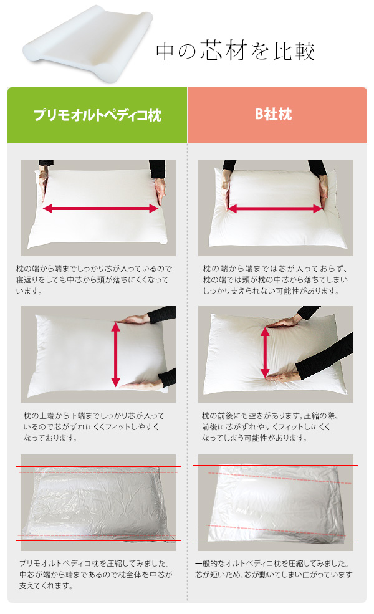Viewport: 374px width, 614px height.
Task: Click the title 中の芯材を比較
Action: pos(236,51)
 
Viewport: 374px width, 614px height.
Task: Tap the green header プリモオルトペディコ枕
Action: pos(97,115)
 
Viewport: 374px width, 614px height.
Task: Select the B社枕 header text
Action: pos(274,114)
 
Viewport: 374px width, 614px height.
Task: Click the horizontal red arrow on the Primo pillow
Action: pos(100,208)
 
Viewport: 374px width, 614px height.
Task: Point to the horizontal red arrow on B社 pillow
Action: pos(275,209)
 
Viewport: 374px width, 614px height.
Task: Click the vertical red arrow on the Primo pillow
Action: pos(115,355)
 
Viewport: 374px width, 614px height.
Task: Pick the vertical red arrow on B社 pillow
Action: pos(265,352)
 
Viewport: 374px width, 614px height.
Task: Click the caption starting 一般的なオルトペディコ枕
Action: pos(274,569)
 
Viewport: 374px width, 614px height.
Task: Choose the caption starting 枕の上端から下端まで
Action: pos(94,427)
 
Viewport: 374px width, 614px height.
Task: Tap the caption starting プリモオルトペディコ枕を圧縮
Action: pos(96,575)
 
